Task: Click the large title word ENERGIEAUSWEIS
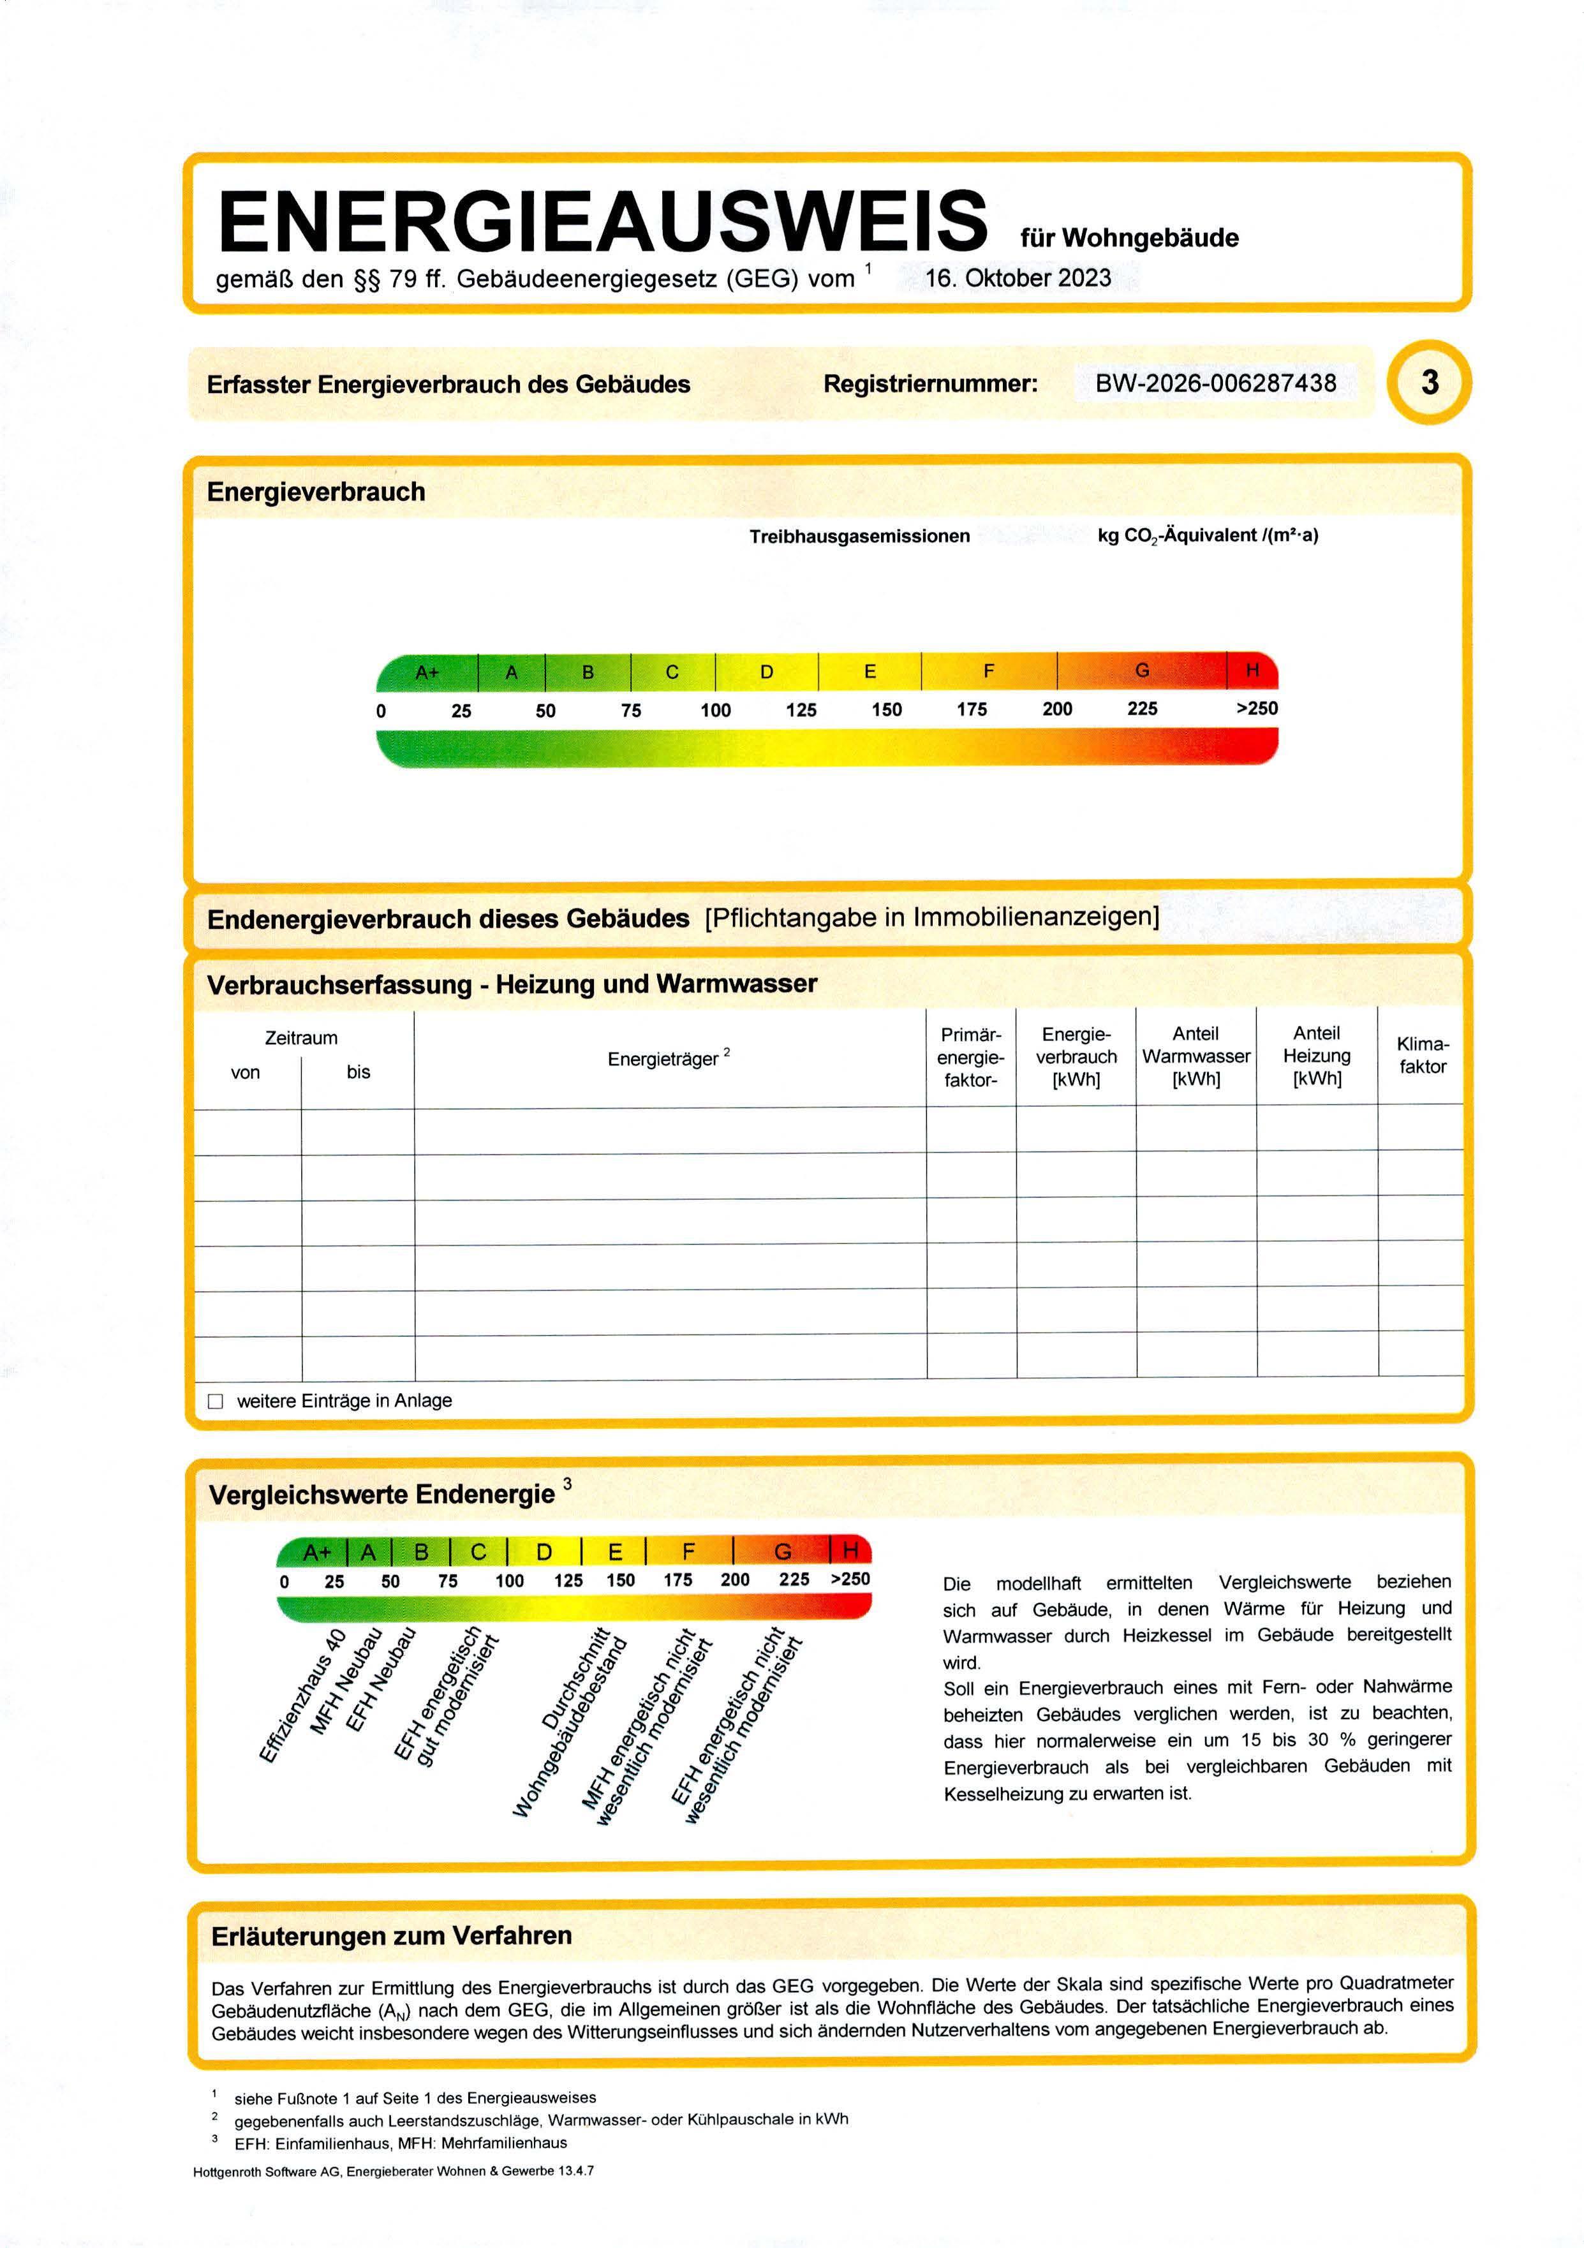click(x=602, y=221)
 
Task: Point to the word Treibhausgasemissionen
click(x=859, y=536)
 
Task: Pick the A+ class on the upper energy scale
click(x=428, y=672)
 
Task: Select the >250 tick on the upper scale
click(x=1256, y=708)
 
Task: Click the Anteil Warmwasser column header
click(x=1195, y=1056)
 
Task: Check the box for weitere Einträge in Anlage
click(x=216, y=1401)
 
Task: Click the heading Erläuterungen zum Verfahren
click(x=392, y=1935)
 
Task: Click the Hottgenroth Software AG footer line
click(x=394, y=2171)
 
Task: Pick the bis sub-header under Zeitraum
click(x=359, y=1072)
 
